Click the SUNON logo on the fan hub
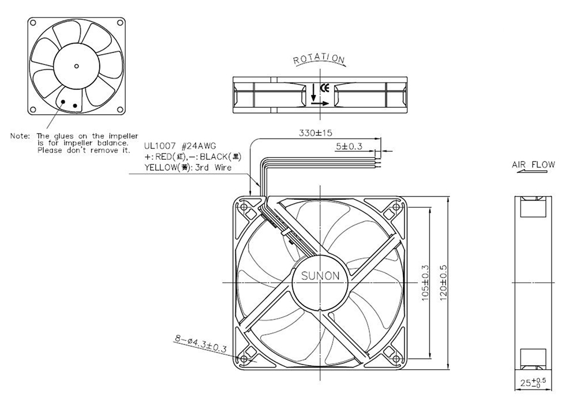point(320,276)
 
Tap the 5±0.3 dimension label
point(349,146)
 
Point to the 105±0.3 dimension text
point(425,283)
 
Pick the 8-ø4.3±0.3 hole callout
point(201,344)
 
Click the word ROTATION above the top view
point(319,59)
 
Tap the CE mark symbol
point(324,88)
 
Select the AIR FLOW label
point(533,164)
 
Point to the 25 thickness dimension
point(533,382)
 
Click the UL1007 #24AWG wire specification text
point(180,146)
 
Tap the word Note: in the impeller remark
point(20,136)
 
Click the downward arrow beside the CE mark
point(313,92)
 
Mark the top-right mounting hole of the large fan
point(396,207)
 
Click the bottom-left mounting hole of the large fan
point(243,359)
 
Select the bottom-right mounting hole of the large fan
point(396,359)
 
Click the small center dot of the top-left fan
point(77,66)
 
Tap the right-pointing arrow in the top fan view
point(320,104)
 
